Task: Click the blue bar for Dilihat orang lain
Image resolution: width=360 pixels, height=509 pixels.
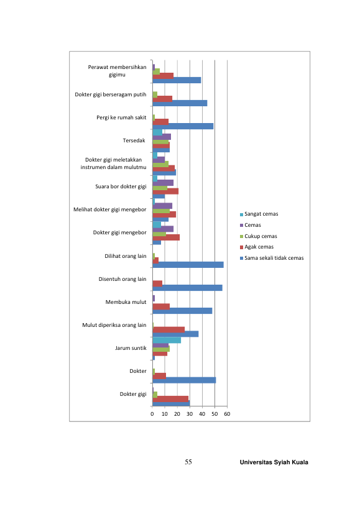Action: (188, 265)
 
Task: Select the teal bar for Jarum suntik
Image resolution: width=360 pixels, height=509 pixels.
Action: (167, 340)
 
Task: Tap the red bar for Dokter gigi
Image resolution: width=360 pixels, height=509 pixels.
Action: (170, 399)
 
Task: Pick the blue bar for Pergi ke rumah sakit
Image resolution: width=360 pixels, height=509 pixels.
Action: (183, 126)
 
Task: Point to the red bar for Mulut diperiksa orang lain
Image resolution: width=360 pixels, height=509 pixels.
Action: (168, 330)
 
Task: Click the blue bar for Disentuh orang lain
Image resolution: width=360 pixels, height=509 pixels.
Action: (187, 288)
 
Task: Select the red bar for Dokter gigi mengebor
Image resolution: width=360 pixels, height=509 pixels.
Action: (166, 237)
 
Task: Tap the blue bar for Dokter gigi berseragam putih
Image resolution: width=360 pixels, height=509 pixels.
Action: (180, 103)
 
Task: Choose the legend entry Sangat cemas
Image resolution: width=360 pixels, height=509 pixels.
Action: (259, 214)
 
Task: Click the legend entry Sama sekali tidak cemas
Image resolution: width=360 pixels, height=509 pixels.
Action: (272, 258)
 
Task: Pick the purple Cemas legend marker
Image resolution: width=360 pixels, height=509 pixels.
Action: (241, 225)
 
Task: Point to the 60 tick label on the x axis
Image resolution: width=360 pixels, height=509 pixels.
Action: (227, 414)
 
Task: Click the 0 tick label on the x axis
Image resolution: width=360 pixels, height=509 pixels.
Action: (152, 414)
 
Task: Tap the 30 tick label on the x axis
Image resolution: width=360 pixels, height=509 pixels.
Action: (190, 414)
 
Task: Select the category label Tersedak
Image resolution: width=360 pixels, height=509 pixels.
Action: (134, 140)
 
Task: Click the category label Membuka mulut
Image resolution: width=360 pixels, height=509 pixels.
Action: (126, 302)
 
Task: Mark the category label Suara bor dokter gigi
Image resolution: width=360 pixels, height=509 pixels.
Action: (121, 186)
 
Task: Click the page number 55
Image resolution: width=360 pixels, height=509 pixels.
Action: (188, 462)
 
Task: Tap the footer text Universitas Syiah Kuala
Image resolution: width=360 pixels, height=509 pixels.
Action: (274, 462)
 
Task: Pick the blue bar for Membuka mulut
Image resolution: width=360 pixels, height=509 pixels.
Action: (182, 311)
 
